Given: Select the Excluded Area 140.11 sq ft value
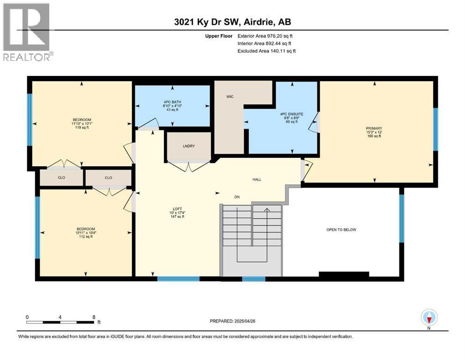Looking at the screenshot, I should (266, 51).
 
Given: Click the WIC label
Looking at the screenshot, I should (229, 97).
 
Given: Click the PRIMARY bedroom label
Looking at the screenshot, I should (374, 128).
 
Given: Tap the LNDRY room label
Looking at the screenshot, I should (189, 146).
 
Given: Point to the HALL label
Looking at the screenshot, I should (256, 179).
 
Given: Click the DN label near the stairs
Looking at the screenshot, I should (237, 197).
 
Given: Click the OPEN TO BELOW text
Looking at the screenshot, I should (341, 230).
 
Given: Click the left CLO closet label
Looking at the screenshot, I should (61, 178).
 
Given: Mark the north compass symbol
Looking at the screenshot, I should (429, 318).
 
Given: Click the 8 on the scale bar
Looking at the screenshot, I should (94, 317).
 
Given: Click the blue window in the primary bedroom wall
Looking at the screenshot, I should (435, 129).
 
